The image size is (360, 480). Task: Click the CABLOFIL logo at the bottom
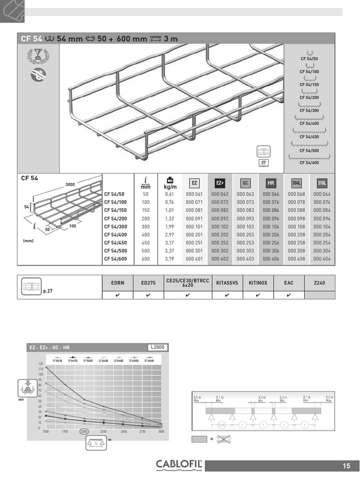coord(180,465)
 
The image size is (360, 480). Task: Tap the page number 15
coord(346,466)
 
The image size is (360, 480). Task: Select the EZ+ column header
coord(220,183)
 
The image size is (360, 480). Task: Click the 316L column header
coord(322,183)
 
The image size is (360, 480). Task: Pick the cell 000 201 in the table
coord(194,234)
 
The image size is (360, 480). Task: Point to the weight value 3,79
coord(170,259)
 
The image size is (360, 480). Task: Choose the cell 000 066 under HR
coord(271,194)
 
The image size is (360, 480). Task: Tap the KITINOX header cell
coord(258,283)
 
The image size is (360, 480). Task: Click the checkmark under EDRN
coord(117,295)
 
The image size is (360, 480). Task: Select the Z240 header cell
coord(320,283)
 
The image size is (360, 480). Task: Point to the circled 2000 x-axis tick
coord(84,431)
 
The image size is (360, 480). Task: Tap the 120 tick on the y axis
coord(40,364)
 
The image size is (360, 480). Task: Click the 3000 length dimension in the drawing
coord(70,185)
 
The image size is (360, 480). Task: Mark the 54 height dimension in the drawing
coord(27,206)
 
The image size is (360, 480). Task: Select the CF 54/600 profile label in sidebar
coord(309,163)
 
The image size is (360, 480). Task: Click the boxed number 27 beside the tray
coord(263,163)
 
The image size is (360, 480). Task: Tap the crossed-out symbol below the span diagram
coord(225,439)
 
